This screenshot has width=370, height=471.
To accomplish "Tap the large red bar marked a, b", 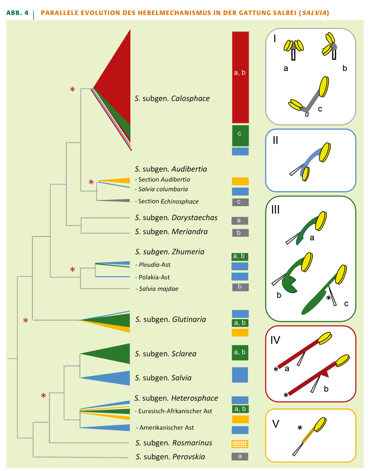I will coord(240,77).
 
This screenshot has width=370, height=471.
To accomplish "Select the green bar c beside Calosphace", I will coord(240,135).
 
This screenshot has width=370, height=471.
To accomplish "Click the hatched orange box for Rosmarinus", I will coord(240,444).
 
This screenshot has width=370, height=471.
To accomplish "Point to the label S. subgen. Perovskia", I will coord(170,457).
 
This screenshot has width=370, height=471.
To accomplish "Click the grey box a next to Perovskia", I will coord(240,456).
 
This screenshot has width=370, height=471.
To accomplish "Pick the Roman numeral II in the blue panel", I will coord(275,141).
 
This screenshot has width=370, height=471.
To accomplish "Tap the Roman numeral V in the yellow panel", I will coord(276,424).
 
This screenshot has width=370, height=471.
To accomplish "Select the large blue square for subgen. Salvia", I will coord(240,375).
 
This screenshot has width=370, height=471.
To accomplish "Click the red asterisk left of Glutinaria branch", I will coord(26,321).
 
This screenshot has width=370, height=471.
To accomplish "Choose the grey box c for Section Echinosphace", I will coord(240,202).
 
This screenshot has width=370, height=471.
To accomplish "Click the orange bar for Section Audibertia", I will coord(240,181).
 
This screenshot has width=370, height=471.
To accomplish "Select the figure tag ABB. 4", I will coord(18,13).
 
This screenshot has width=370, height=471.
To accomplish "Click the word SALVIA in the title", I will coord(314,13).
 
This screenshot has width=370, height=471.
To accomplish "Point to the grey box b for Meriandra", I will coord(240,233).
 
